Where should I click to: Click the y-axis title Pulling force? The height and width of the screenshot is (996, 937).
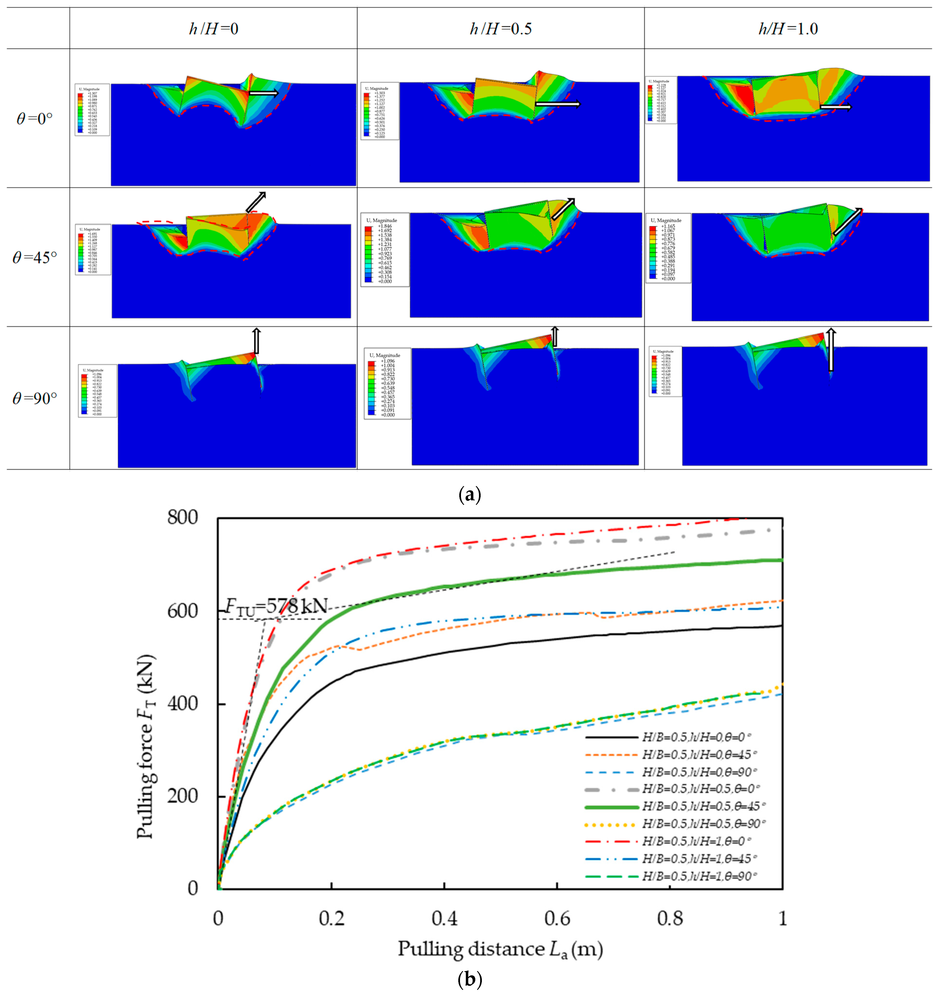(x=146, y=746)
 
